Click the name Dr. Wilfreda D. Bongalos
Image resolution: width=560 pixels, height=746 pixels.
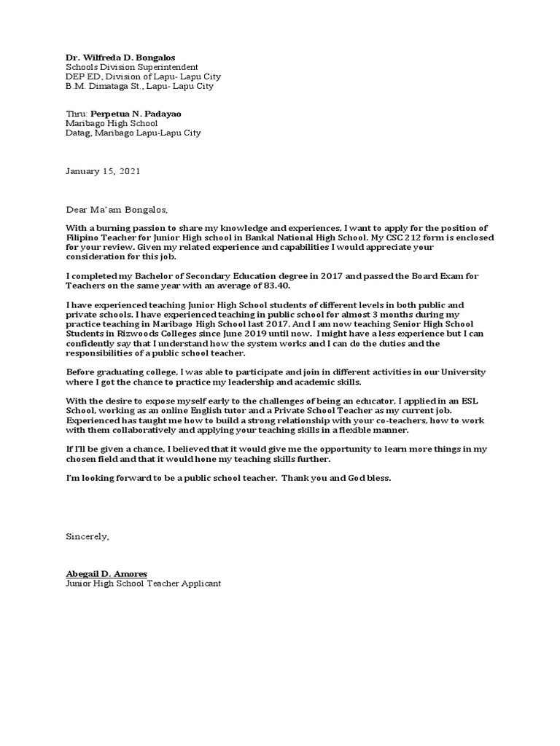(120, 57)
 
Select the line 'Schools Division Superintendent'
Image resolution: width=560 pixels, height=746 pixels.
(131, 66)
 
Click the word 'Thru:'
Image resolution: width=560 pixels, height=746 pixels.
(77, 114)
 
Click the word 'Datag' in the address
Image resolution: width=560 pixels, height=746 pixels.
(77, 133)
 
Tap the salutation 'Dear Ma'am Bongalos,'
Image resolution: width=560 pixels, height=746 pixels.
(117, 211)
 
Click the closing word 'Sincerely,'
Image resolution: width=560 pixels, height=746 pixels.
(87, 517)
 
